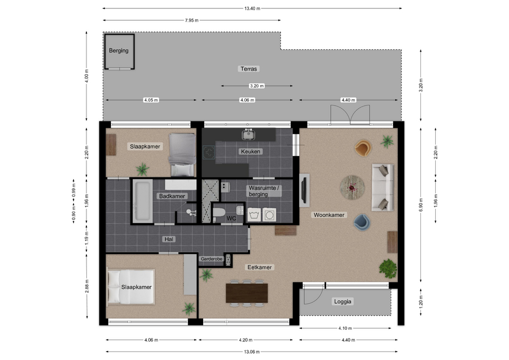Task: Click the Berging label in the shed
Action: click(118, 51)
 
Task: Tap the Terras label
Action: click(249, 69)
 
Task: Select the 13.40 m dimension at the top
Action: click(252, 8)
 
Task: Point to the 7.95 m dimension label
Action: click(191, 21)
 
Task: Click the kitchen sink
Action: click(248, 134)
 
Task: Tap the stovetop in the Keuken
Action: click(209, 152)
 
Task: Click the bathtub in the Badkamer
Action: click(143, 201)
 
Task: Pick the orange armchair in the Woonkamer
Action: click(363, 147)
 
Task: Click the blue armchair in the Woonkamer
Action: click(362, 222)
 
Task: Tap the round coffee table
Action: click(352, 187)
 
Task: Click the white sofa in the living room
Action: click(383, 188)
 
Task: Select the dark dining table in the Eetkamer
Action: click(247, 293)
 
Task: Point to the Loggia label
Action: click(343, 302)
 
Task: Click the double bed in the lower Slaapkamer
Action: click(130, 287)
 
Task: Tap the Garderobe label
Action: click(212, 259)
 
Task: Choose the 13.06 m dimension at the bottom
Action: click(251, 352)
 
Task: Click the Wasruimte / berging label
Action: click(264, 191)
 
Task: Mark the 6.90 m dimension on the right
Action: click(421, 204)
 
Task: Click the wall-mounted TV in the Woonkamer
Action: click(304, 190)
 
